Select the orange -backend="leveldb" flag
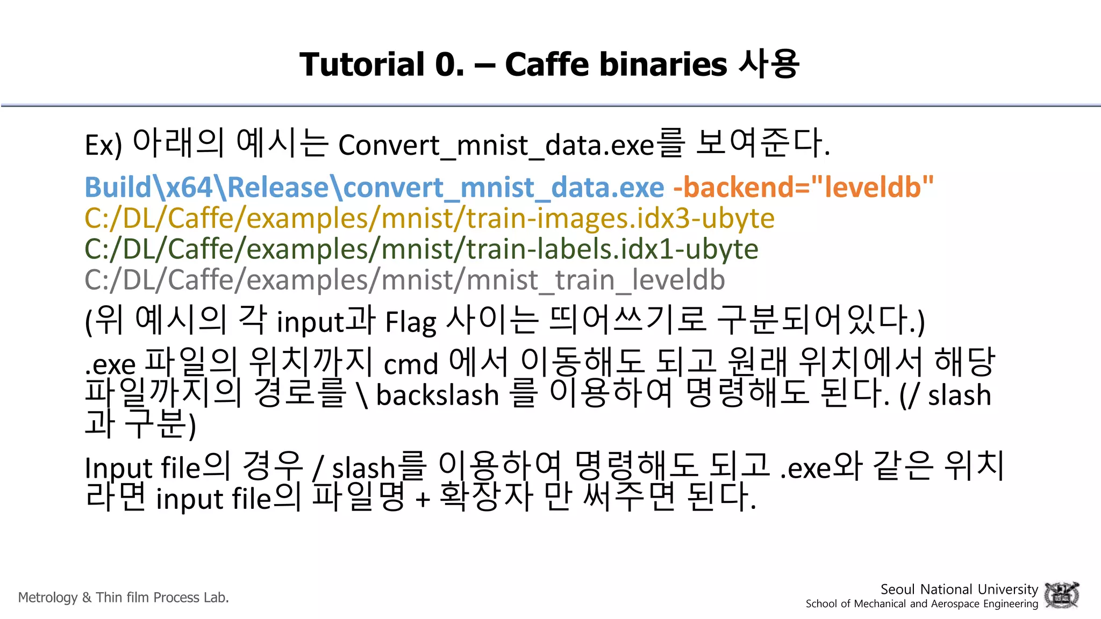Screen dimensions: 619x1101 point(803,187)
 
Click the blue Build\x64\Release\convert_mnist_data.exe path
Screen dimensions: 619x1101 point(375,187)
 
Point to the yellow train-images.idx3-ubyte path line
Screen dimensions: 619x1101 point(430,218)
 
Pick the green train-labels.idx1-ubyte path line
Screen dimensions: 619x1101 point(421,249)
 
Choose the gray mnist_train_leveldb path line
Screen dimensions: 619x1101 point(405,280)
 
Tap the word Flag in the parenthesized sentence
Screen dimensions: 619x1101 point(411,322)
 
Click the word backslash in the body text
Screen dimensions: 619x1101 point(438,395)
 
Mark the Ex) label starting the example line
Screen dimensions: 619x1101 point(103,145)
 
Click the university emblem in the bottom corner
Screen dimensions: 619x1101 point(1061,595)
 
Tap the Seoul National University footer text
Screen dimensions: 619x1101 point(959,589)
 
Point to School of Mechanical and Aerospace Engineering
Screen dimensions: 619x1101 point(921,604)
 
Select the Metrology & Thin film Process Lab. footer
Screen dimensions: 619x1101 point(124,598)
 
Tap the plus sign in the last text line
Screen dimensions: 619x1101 point(423,499)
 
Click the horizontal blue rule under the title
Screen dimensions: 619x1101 point(550,105)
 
